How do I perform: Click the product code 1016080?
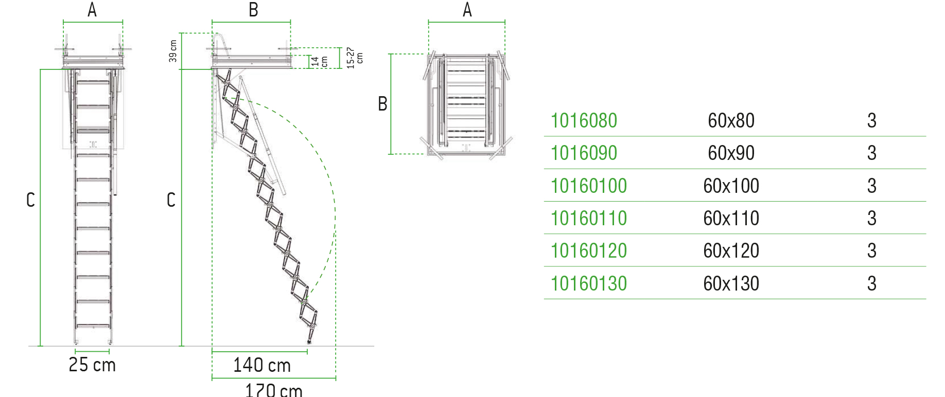(x=584, y=121)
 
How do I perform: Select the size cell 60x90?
(x=731, y=153)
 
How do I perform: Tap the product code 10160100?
(x=589, y=186)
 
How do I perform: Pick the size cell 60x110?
(x=731, y=219)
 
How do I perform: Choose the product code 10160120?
(x=589, y=251)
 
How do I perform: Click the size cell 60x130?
(x=731, y=283)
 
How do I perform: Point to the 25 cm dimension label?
(x=92, y=365)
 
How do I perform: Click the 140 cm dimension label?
(x=262, y=365)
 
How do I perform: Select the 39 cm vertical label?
(x=173, y=51)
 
